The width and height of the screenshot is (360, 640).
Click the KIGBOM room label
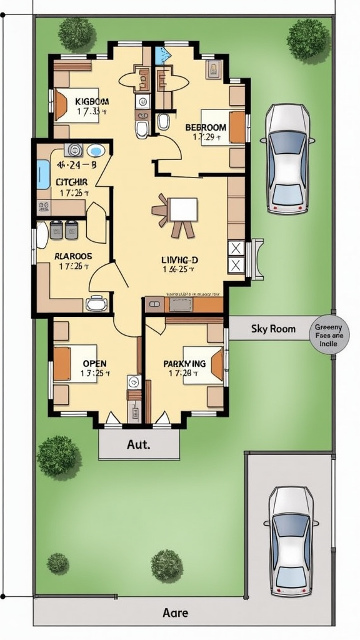coord(92,101)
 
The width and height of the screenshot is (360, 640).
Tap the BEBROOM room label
coord(206,127)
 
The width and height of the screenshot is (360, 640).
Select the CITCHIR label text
coord(72,182)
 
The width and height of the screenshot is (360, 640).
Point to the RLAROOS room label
coord(73,256)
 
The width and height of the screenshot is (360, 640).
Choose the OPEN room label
coord(94,363)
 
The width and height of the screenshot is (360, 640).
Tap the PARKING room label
coord(184,363)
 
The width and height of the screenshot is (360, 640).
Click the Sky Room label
coord(273,329)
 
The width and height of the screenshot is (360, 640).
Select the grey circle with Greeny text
coord(330,335)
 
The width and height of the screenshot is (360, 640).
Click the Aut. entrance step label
coord(138,445)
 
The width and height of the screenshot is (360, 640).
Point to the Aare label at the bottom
coord(175,613)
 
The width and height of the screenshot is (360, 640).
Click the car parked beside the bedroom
coord(287,159)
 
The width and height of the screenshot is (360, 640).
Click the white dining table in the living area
coord(182,209)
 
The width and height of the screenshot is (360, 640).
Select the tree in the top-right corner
coord(307,39)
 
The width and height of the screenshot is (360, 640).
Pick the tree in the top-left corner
coord(76,34)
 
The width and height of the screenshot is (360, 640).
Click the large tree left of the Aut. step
coord(58,456)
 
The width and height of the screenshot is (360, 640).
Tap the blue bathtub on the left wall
coord(42,174)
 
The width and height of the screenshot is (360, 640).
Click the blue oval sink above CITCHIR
coord(95,151)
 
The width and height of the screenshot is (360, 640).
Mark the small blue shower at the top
coord(162,54)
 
